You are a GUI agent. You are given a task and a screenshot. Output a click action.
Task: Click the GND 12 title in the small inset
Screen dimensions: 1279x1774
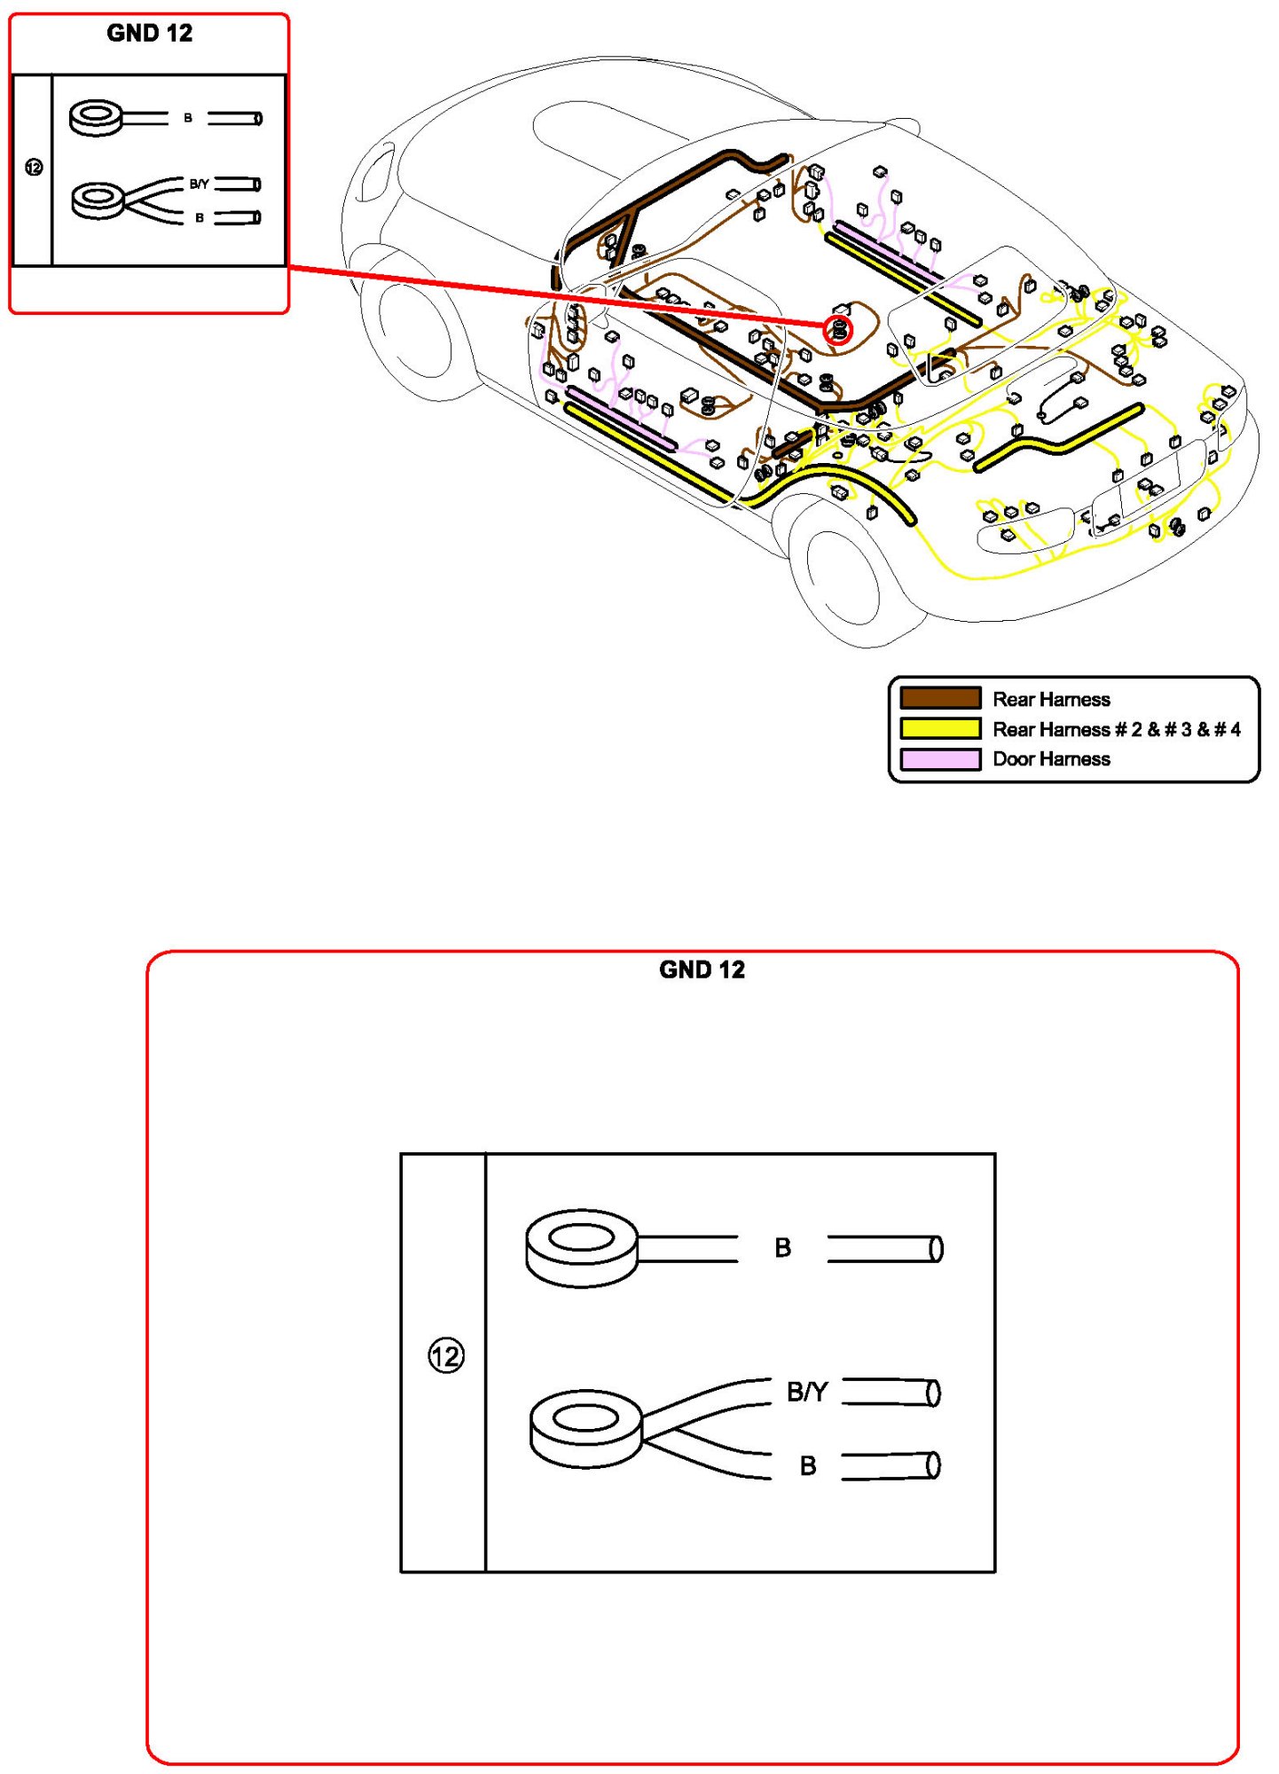(149, 34)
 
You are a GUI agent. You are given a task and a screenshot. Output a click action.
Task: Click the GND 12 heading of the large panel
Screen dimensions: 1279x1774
(702, 969)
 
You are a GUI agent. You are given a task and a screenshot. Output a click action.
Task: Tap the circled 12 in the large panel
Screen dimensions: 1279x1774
(445, 1355)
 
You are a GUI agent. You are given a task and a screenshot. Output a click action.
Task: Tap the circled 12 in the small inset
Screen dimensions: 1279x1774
(34, 167)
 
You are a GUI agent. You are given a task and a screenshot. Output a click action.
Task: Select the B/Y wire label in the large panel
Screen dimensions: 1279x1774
(807, 1392)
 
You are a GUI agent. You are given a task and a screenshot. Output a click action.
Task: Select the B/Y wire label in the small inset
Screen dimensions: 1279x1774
(199, 184)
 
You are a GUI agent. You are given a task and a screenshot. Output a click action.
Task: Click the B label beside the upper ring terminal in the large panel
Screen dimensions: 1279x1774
(782, 1248)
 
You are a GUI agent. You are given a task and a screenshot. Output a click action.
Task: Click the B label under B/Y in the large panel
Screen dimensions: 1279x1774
(807, 1465)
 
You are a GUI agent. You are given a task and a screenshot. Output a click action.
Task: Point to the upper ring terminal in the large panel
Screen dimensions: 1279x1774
(582, 1246)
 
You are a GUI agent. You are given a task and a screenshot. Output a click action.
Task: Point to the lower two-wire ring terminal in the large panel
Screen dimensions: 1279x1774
(585, 1428)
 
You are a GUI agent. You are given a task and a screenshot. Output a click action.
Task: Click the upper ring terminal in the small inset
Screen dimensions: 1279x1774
(97, 118)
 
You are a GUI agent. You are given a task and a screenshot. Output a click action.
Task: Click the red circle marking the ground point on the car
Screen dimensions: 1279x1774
(838, 331)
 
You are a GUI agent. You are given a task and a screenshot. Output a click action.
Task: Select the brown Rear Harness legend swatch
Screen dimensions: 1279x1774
(940, 698)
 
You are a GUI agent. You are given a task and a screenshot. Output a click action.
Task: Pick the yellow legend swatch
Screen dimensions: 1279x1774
(940, 728)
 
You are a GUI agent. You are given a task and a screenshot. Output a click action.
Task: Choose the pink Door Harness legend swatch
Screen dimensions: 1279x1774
(940, 759)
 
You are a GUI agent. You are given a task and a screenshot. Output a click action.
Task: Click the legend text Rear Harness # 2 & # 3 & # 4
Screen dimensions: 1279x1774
(1116, 729)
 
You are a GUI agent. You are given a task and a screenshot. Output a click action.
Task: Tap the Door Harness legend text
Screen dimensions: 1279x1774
(1051, 759)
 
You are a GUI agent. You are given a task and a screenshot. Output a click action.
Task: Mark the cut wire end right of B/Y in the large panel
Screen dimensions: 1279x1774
(891, 1392)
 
